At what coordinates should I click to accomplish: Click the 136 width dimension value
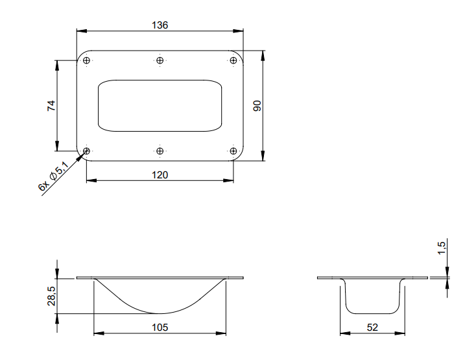[160, 25]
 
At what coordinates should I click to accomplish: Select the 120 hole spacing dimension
[160, 174]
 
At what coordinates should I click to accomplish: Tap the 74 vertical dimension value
[52, 106]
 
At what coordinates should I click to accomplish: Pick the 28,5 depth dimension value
[52, 296]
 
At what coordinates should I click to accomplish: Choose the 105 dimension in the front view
[160, 328]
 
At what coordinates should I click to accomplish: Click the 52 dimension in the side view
[372, 328]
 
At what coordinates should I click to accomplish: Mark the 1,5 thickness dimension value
[441, 247]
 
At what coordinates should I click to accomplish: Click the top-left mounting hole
[86, 61]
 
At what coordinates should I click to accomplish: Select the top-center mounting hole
[160, 61]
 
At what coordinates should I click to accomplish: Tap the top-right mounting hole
[233, 61]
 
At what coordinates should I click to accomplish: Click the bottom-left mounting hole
[86, 151]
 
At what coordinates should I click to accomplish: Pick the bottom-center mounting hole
[160, 151]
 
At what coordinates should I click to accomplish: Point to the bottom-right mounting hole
[233, 151]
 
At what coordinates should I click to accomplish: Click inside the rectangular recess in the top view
[160, 106]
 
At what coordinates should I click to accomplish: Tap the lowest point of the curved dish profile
[160, 314]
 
